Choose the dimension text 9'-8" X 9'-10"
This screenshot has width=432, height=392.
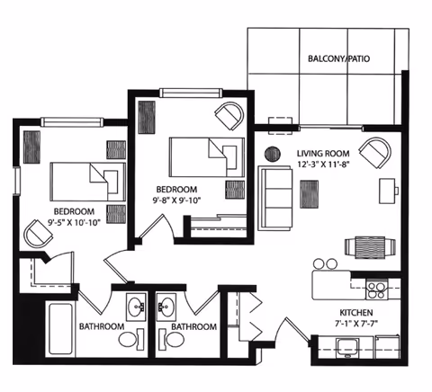(x=176, y=200)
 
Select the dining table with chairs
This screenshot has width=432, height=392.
(x=370, y=245)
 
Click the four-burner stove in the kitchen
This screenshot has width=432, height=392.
(x=376, y=290)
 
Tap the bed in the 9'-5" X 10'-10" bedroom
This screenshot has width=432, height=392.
(x=87, y=179)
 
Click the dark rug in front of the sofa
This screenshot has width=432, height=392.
(x=310, y=193)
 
